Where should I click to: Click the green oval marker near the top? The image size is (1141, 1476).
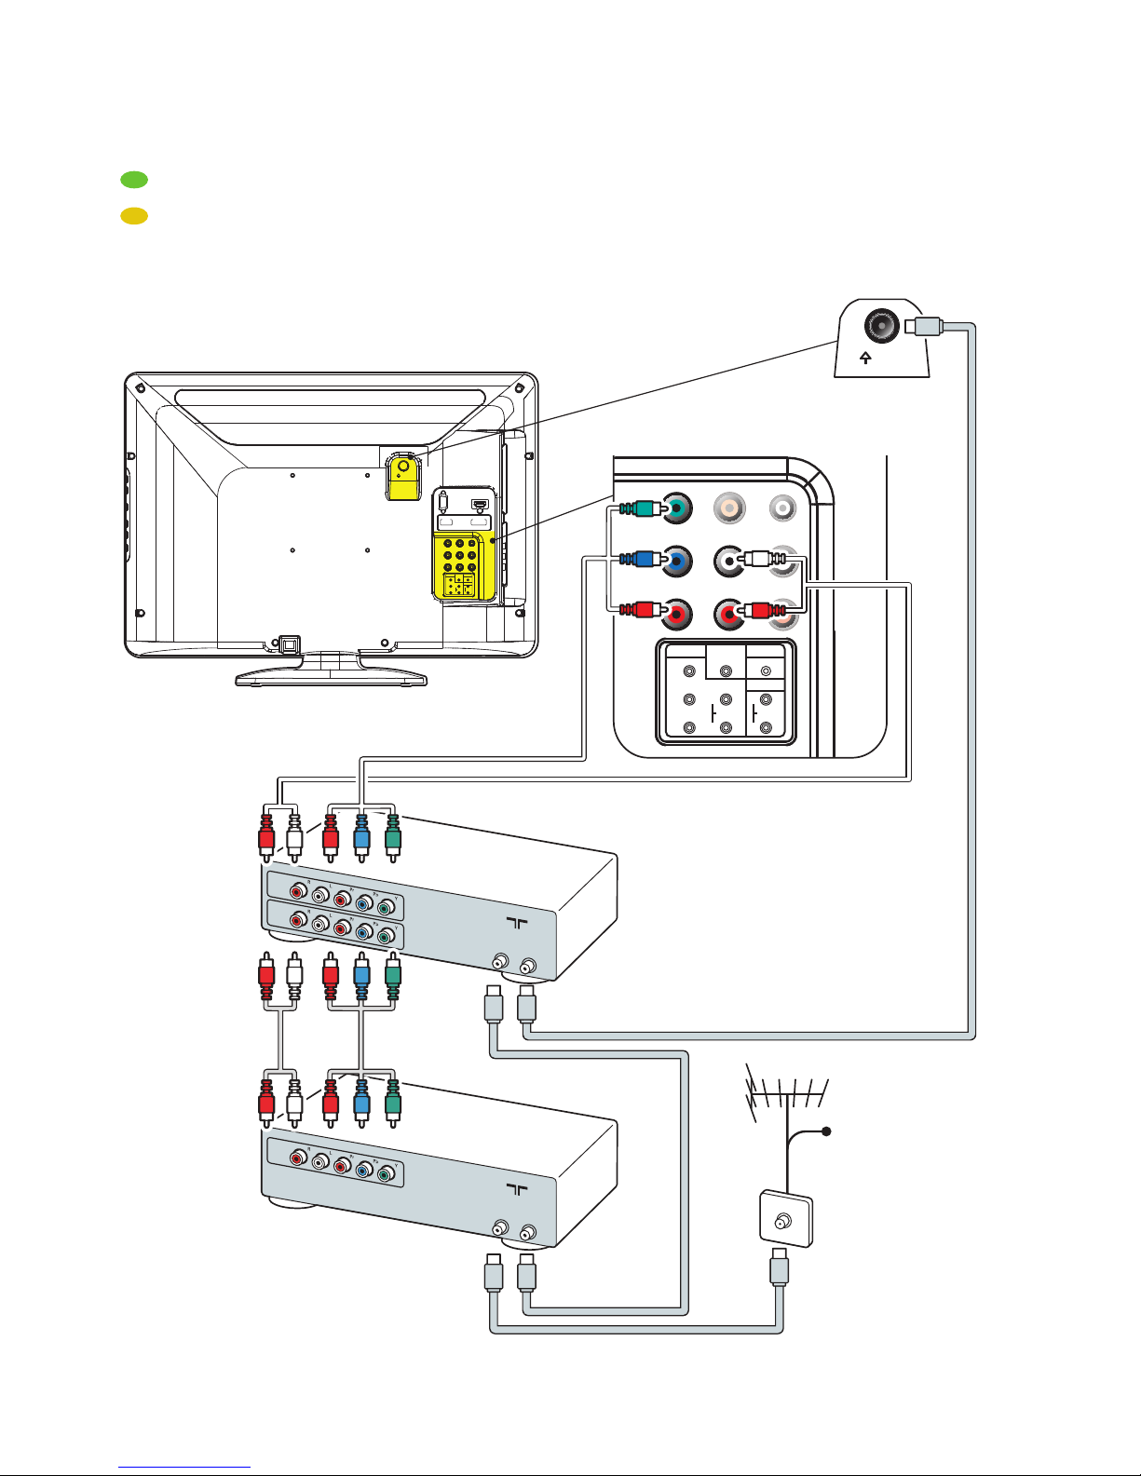point(134,180)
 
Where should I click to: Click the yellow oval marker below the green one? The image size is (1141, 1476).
point(134,216)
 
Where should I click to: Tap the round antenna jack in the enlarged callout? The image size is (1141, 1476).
point(880,326)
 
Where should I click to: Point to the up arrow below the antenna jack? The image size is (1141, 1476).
point(865,358)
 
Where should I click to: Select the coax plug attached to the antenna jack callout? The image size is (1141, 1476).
point(925,326)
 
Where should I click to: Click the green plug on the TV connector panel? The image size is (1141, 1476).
point(640,508)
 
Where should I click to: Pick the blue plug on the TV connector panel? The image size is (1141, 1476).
point(640,560)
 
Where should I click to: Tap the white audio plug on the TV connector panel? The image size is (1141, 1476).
point(760,560)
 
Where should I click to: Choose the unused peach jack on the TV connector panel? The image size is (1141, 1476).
point(728,508)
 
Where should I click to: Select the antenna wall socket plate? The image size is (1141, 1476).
point(786,1218)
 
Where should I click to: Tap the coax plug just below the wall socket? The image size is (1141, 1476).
point(780,1272)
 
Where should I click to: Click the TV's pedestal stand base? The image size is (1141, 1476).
point(331,677)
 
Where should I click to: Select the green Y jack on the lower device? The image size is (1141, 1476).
point(384,1175)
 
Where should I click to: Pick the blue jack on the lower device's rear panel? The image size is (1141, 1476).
point(362,1171)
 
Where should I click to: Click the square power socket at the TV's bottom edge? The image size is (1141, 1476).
point(289,643)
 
